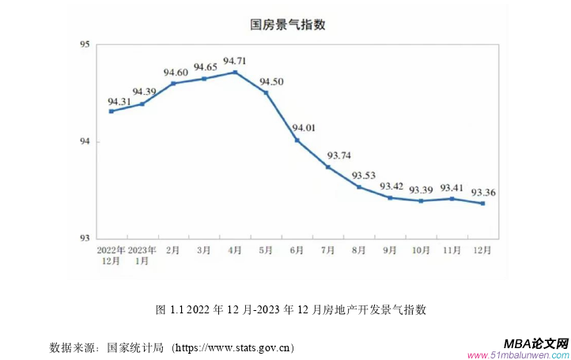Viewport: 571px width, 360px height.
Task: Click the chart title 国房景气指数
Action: click(288, 25)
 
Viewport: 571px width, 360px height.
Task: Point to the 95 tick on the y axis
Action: click(85, 45)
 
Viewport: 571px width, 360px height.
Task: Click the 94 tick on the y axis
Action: click(85, 142)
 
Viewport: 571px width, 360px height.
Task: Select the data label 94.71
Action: click(235, 61)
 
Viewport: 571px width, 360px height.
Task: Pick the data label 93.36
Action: click(483, 191)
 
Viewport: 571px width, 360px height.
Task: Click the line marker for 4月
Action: click(235, 72)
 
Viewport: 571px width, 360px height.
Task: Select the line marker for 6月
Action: click(297, 140)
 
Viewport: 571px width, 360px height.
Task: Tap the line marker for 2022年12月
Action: click(112, 112)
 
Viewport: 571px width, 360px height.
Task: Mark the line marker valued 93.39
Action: click(421, 201)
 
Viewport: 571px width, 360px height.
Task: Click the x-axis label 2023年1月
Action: click(142, 255)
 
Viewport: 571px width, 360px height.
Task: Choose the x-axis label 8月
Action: click(358, 250)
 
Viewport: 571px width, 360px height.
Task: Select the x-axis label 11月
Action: click(452, 250)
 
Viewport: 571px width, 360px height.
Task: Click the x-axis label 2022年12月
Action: click(112, 255)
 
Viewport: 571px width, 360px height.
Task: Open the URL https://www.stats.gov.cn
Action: click(233, 347)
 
